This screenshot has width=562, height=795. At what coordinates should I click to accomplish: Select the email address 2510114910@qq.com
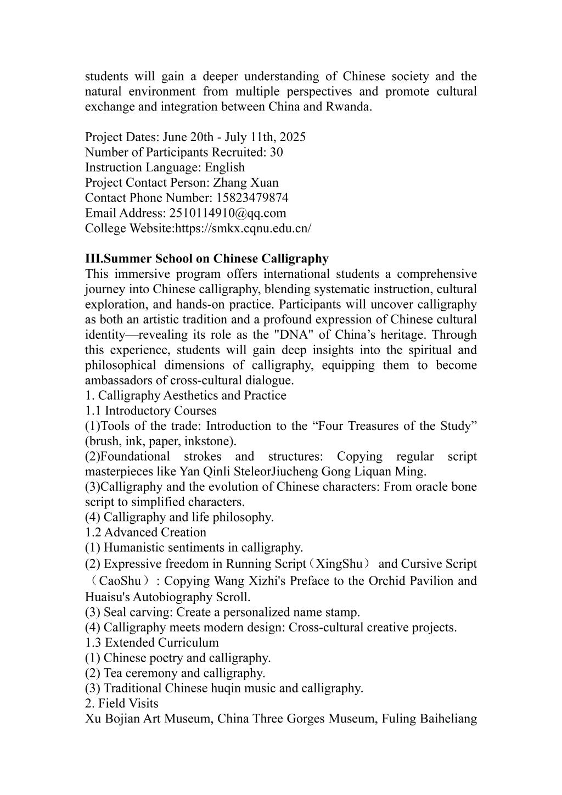coord(228,213)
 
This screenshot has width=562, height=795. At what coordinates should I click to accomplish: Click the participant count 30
coord(277,152)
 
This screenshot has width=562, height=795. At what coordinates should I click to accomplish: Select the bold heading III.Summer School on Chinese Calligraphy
coord(207,259)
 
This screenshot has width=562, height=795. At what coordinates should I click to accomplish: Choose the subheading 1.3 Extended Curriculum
coord(152,642)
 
